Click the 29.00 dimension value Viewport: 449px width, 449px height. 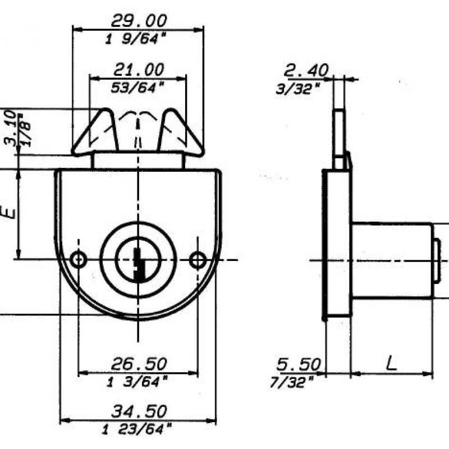[139, 21]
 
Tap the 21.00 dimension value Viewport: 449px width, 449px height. [139, 70]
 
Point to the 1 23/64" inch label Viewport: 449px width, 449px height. [138, 430]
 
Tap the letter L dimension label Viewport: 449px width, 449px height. [391, 363]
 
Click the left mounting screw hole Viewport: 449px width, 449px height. [79, 259]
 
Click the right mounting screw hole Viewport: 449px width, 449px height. [198, 259]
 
